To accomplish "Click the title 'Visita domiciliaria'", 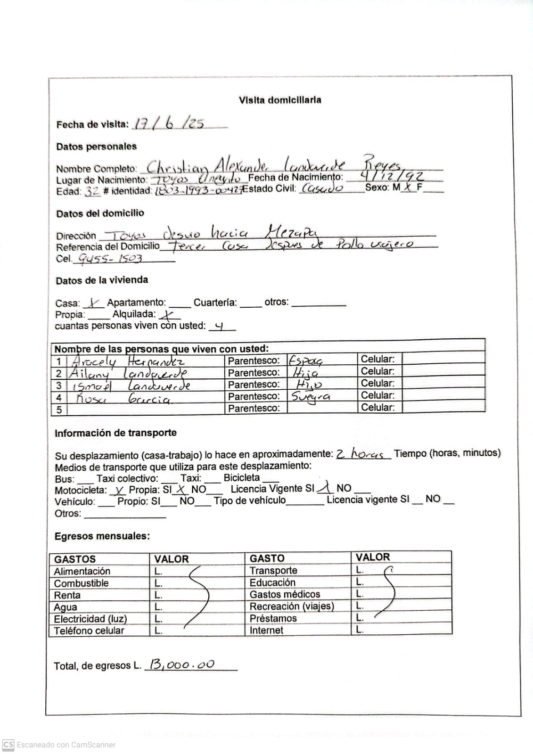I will (280, 100).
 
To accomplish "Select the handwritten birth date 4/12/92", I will (391, 177).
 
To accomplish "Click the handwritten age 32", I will (92, 191).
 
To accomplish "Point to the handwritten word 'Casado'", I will (322, 188).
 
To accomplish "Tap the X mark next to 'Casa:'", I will (94, 303).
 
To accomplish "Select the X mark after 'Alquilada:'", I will (169, 315).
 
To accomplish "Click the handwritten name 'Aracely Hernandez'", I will (127, 361).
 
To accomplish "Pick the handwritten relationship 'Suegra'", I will (311, 397).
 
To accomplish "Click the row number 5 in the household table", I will (59, 409).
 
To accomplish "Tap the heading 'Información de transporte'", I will (115, 433).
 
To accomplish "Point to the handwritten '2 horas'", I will (362, 454).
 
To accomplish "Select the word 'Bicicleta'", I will (241, 477).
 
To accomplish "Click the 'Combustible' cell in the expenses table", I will (81, 583).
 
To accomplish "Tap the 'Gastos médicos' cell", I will (285, 594).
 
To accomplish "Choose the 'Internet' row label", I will (266, 630).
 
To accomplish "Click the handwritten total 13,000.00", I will (181, 664).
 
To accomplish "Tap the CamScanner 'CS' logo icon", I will (8, 745).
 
